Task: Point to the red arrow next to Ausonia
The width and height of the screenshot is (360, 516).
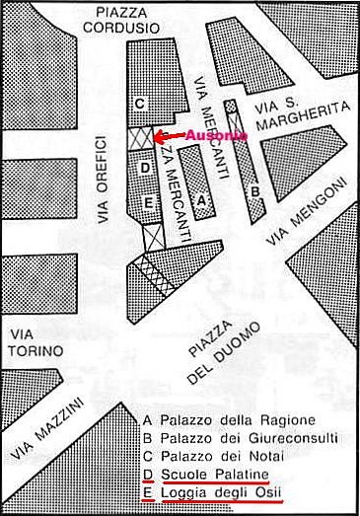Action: (171, 135)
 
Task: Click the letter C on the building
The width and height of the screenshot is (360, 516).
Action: (140, 103)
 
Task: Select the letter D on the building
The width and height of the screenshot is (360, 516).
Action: (145, 169)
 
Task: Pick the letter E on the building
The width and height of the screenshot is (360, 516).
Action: (149, 203)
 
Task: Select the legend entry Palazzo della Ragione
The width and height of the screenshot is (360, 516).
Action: (228, 418)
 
